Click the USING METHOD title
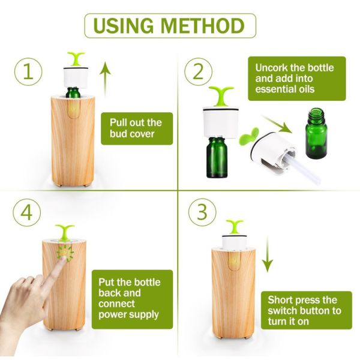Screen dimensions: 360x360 point(170,26)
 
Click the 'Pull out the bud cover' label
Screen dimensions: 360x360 point(136,128)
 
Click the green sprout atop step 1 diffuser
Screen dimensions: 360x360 point(77,59)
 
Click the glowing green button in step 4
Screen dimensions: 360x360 point(65,254)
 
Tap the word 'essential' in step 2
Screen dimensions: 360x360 point(276,89)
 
